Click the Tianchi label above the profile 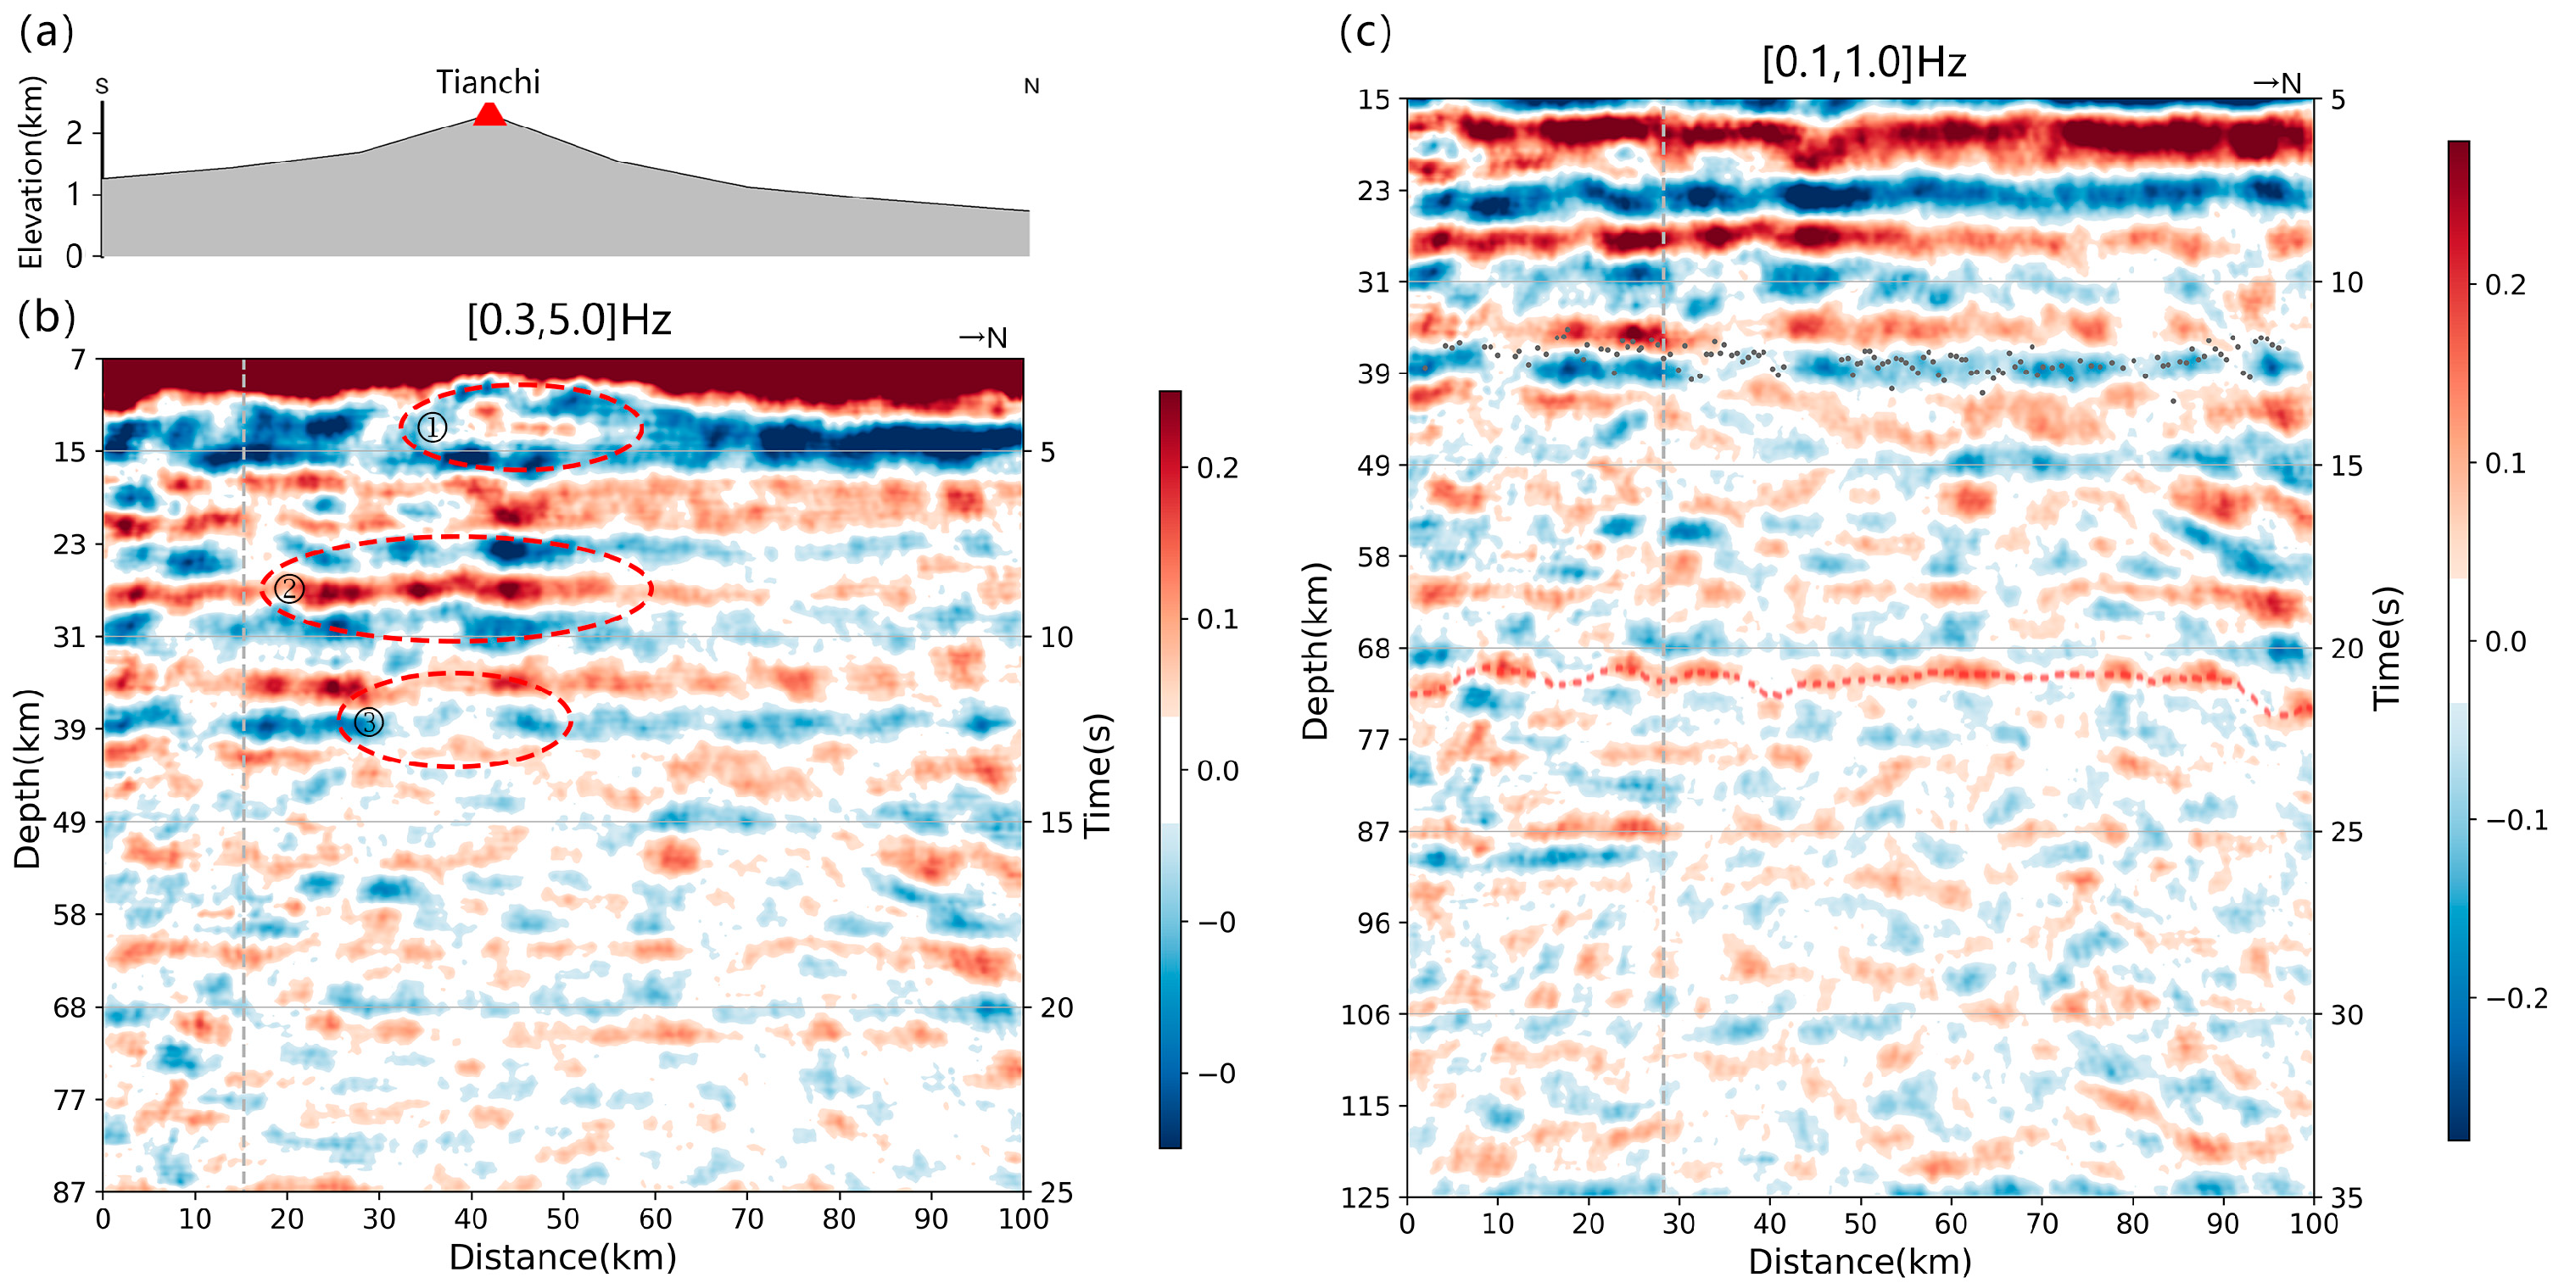tap(488, 81)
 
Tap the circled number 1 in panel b tap(431, 427)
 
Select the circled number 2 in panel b tap(288, 589)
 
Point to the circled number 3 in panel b tap(368, 722)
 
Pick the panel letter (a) tap(47, 33)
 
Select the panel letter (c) tap(1365, 33)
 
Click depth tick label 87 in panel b tap(70, 1192)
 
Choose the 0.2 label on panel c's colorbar tap(2506, 284)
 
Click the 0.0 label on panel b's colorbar tap(1217, 770)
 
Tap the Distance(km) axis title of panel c tap(1859, 1261)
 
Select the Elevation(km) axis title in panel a tap(30, 171)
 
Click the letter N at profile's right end tap(1031, 86)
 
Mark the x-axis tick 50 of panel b tap(563, 1218)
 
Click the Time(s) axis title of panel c tap(2388, 648)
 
